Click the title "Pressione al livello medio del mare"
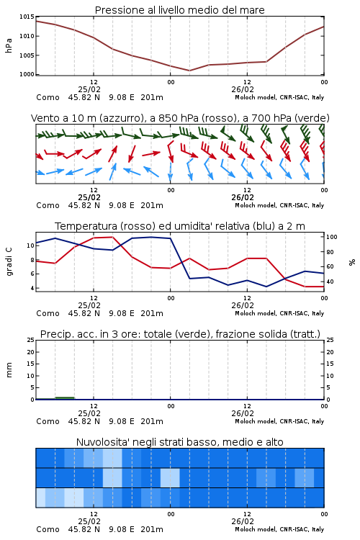[x=179, y=10]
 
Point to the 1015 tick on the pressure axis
[x=27, y=17]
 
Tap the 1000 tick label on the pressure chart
[x=27, y=74]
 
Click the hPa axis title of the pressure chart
[x=9, y=45]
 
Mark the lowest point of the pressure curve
[x=189, y=71]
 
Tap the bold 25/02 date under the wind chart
[x=89, y=197]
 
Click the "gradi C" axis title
[x=9, y=261]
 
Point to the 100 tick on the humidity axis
[x=332, y=237]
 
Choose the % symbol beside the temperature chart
[x=352, y=262]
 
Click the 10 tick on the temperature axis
[x=30, y=246]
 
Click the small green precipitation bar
[x=65, y=398]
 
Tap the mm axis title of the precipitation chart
[x=9, y=370]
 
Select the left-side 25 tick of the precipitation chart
[x=31, y=340]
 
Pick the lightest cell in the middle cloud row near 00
[x=170, y=477]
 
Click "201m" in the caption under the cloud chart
[x=152, y=529]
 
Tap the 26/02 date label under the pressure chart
[x=243, y=89]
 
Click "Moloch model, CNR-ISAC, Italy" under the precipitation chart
[x=279, y=421]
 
